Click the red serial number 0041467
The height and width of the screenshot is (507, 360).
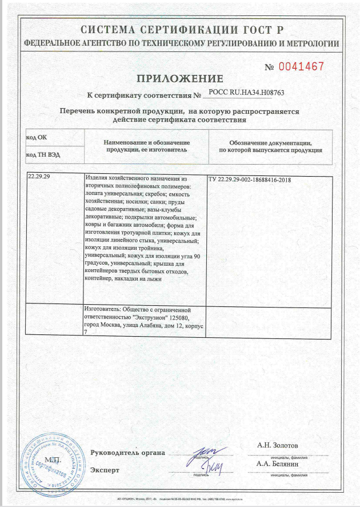pyautogui.click(x=301, y=66)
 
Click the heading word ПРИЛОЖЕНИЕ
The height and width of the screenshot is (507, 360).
pyautogui.click(x=179, y=78)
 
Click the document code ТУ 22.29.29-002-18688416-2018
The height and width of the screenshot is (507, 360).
pyautogui.click(x=250, y=180)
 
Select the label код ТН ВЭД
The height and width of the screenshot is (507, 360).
pyautogui.click(x=44, y=154)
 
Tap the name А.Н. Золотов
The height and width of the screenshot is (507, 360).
pyautogui.click(x=278, y=445)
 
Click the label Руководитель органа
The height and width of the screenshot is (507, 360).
pyautogui.click(x=127, y=453)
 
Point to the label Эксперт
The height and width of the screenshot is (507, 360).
pyautogui.click(x=105, y=470)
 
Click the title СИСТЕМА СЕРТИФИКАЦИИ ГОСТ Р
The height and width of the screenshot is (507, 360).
pyautogui.click(x=181, y=30)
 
